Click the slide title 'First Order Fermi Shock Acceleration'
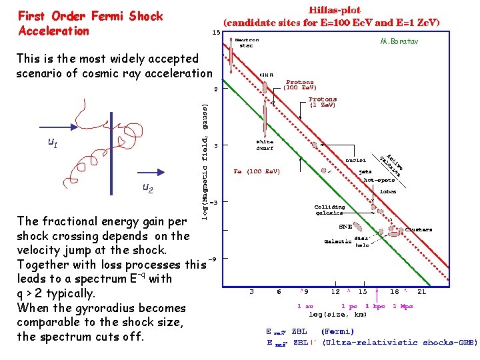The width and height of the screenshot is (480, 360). click(x=90, y=23)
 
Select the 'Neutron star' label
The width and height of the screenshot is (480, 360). click(x=248, y=43)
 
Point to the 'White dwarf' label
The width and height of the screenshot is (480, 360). click(x=265, y=145)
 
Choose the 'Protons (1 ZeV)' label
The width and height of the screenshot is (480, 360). click(x=323, y=102)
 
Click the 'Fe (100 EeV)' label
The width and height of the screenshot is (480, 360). click(x=257, y=171)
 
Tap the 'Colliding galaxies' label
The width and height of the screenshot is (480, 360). click(x=329, y=210)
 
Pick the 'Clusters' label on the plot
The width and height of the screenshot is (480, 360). click(x=419, y=229)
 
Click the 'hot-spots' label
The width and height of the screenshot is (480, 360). click(x=379, y=180)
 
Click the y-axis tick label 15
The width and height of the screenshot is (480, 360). click(x=216, y=32)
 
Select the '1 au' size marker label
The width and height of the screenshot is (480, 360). click(x=307, y=306)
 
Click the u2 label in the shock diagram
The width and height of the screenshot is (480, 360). click(x=147, y=189)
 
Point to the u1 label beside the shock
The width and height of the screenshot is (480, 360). click(x=53, y=141)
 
